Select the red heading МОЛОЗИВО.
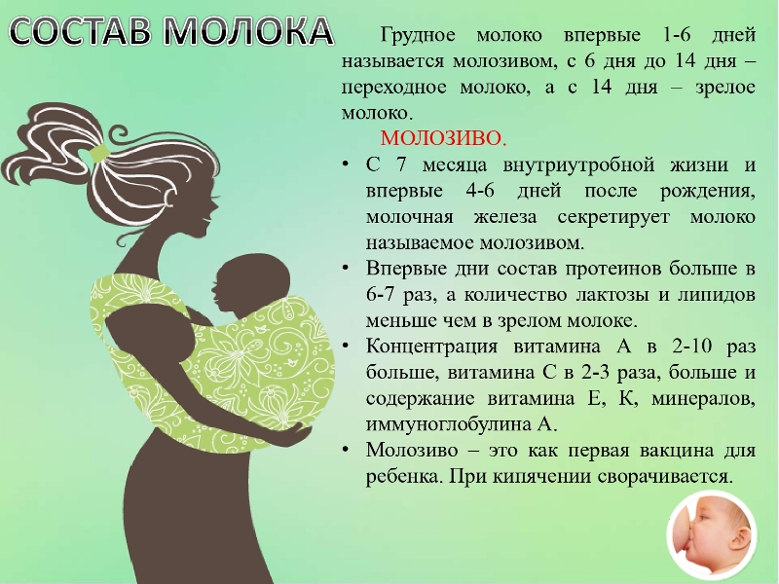coord(444,138)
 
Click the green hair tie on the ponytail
coord(99,152)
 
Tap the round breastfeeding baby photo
coord(712,537)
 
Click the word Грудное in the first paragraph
coord(418,36)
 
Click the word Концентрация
coord(431,347)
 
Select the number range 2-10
coord(693,347)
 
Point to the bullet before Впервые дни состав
coord(346,269)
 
